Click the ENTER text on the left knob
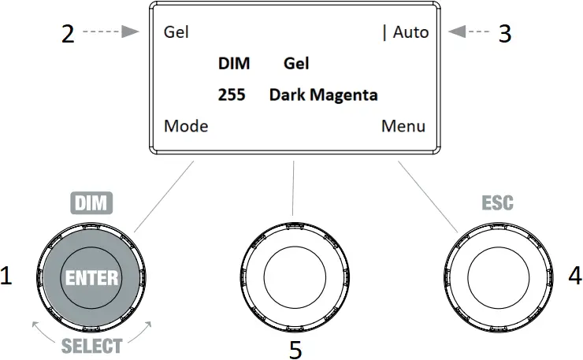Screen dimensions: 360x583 pos(92,277)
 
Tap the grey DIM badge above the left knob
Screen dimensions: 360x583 pos(92,203)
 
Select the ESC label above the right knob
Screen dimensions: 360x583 pos(498,203)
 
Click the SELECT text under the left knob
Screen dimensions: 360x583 pos(92,346)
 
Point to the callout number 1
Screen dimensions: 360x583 pos(7,276)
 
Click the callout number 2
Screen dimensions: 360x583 pos(68,34)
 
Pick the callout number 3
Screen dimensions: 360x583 pos(505,33)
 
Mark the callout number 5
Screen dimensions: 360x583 pos(295,350)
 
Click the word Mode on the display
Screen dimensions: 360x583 pos(186,126)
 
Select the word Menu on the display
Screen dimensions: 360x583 pos(403,126)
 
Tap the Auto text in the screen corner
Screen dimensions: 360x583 pos(410,32)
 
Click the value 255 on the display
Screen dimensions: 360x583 pos(232,95)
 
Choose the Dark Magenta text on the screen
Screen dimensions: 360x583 pos(323,95)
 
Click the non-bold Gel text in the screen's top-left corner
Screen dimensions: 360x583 pos(176,33)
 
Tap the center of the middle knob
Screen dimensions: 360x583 pos(294,279)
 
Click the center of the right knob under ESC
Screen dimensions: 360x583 pos(497,279)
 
